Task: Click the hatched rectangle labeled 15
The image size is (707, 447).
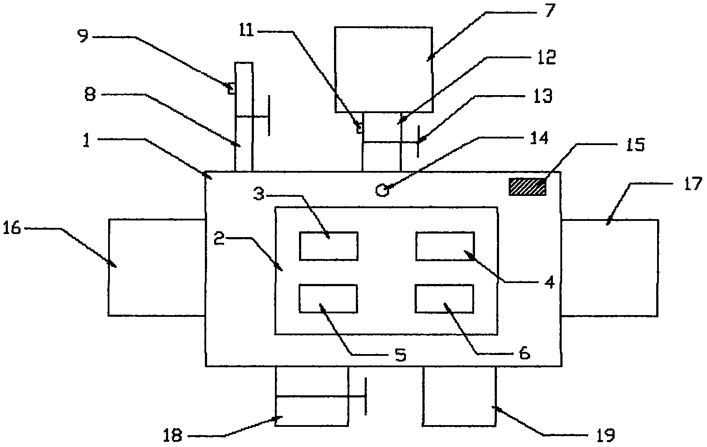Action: click(x=527, y=187)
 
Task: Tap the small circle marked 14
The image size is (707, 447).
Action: click(x=382, y=190)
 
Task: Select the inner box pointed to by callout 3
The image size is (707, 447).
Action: click(x=328, y=246)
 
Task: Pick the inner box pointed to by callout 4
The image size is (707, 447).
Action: click(x=445, y=246)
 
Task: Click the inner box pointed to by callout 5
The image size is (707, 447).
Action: click(x=328, y=298)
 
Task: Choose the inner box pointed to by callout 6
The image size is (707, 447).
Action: click(x=444, y=298)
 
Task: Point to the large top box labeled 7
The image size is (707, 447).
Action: click(x=383, y=70)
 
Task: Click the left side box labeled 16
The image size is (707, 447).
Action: click(x=156, y=267)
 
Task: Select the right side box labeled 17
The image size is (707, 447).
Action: click(x=610, y=267)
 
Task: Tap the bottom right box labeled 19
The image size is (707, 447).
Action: click(x=460, y=396)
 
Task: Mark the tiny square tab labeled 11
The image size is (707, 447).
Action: click(x=359, y=128)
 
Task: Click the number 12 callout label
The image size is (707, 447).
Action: click(x=545, y=57)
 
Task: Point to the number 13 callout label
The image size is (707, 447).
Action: click(x=543, y=96)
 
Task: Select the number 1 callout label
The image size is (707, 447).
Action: click(x=86, y=142)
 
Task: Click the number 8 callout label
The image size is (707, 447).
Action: click(x=90, y=95)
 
